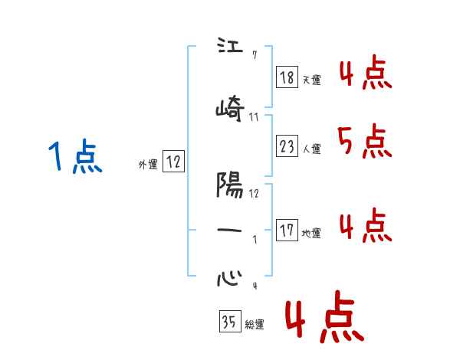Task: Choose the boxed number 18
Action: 287,77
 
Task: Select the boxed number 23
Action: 287,146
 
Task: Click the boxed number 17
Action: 287,229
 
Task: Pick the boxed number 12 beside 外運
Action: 173,161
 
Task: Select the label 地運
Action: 311,233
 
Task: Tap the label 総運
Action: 254,325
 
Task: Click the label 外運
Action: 147,164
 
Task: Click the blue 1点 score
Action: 74,158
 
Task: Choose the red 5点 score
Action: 363,141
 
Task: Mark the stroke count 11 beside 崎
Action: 255,117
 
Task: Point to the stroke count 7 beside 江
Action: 255,55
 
